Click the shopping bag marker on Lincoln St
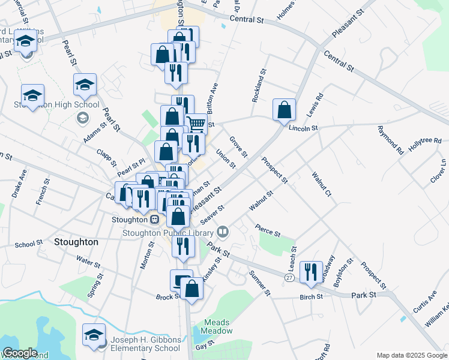(285, 110)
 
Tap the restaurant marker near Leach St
(310, 272)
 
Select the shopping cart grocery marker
(196, 125)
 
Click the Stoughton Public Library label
(167, 233)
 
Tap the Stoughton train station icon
(154, 220)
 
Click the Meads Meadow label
(217, 326)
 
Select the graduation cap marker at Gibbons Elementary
(94, 335)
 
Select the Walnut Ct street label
(322, 184)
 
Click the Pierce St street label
(268, 231)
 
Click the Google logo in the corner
(20, 353)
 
